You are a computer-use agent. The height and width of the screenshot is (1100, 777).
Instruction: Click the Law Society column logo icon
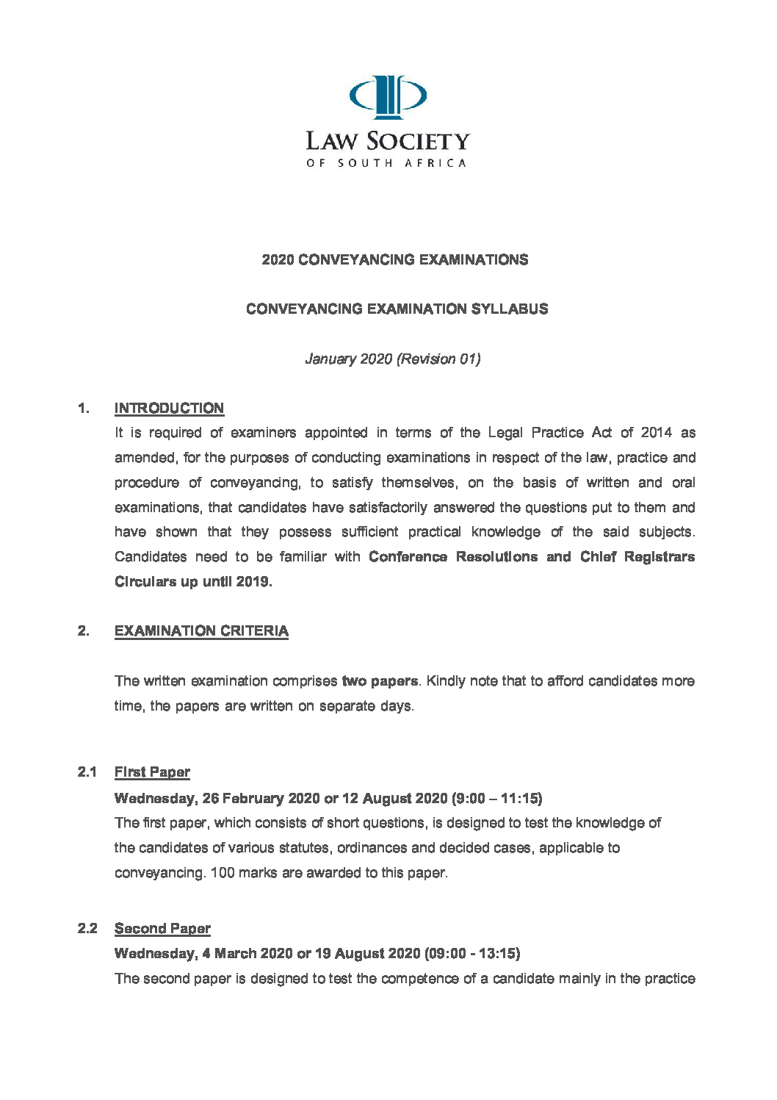(387, 96)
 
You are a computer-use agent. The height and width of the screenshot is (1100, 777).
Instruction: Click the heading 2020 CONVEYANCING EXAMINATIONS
(395, 259)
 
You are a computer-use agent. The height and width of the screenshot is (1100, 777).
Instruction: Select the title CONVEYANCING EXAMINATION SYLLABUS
(397, 309)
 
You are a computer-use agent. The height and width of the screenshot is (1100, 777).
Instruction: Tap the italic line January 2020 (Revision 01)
(393, 359)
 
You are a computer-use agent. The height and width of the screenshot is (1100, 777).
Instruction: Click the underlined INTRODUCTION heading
(169, 408)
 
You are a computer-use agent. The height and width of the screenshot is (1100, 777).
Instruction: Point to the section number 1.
(84, 408)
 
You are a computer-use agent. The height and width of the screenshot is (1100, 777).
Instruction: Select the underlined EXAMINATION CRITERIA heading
(201, 630)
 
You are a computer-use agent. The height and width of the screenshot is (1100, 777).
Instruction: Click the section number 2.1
(87, 772)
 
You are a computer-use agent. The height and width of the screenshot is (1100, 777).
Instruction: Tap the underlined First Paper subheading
(152, 772)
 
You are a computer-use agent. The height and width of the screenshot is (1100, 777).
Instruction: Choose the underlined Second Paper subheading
(162, 928)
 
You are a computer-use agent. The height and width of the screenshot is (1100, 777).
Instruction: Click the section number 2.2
(87, 928)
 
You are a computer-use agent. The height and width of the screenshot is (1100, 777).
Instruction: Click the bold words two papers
(380, 680)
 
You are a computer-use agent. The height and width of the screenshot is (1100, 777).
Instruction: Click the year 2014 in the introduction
(656, 432)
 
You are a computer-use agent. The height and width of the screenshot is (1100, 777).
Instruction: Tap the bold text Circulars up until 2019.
(193, 581)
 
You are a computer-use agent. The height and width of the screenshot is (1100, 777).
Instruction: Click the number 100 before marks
(223, 872)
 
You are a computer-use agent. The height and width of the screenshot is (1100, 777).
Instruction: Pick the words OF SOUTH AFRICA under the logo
(386, 163)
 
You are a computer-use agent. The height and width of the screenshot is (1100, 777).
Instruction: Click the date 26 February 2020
(261, 798)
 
